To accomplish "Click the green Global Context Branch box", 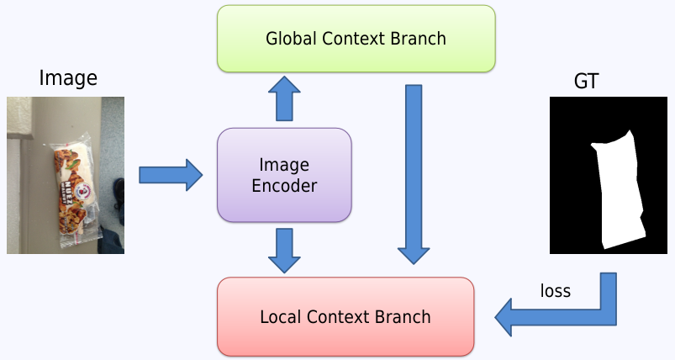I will [356, 39].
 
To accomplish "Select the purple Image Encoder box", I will [284, 175].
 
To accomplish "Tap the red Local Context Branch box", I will [345, 317].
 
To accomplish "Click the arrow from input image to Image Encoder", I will [171, 175].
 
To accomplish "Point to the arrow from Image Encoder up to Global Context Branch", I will [284, 98].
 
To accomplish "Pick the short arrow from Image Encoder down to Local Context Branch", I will [284, 249].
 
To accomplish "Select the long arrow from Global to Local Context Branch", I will [414, 173].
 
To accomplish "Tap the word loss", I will [555, 291].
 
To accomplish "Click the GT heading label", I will [586, 82].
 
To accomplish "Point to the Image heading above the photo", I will [68, 79].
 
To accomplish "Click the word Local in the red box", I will [280, 317].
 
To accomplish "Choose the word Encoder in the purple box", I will [284, 186].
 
